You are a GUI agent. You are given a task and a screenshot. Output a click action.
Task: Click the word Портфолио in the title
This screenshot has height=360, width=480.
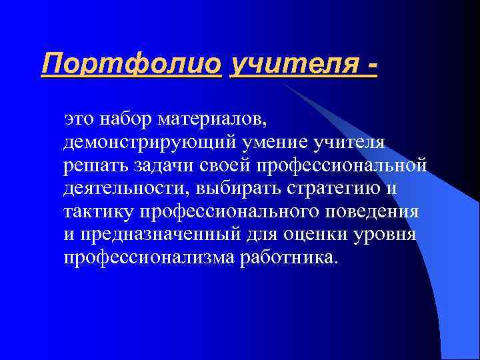pos(131,65)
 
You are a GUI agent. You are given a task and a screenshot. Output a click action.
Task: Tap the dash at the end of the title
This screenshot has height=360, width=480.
pos(371,65)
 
